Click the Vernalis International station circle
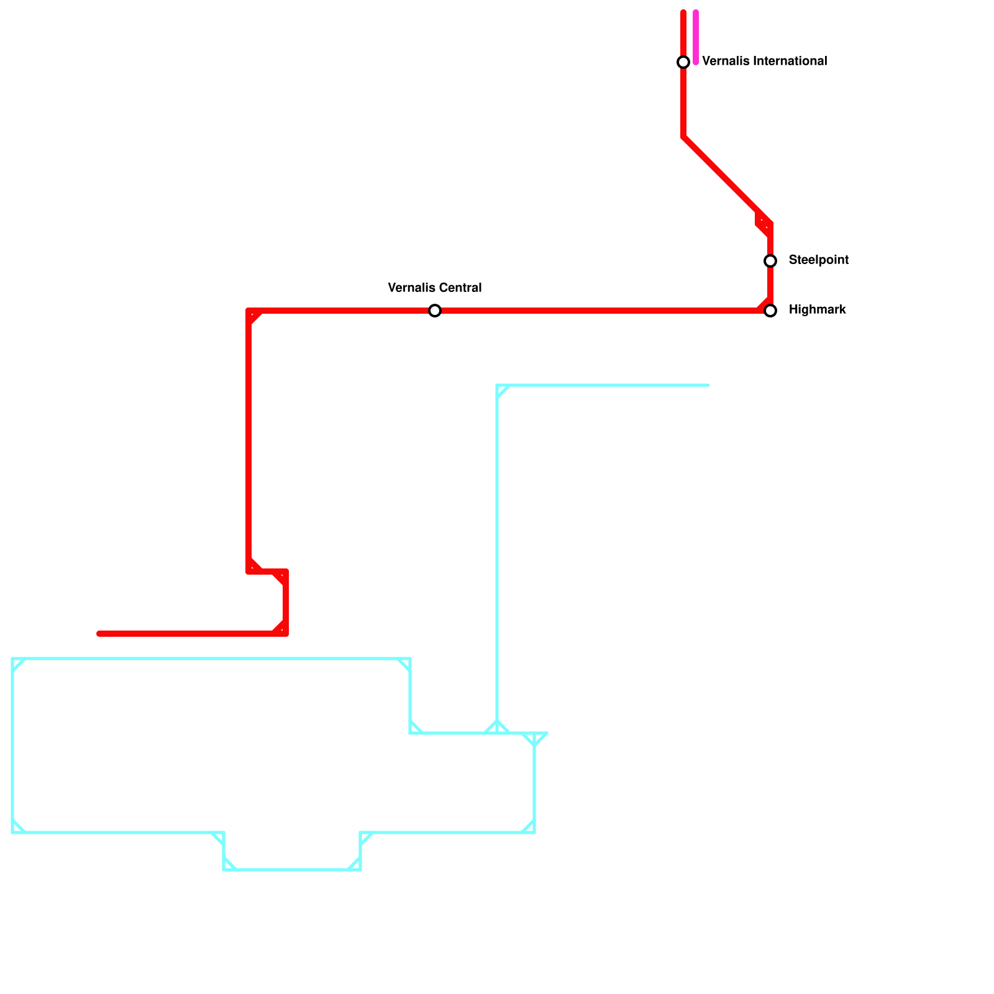683,62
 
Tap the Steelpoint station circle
770,261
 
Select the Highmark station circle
770,311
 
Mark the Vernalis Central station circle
435,311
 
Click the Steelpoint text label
818,260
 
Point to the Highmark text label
817,310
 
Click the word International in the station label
790,62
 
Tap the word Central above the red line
460,288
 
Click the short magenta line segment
696,37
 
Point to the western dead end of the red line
99,634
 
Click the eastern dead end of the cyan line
708,385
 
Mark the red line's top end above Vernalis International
683,12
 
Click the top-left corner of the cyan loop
12,659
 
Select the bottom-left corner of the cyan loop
12,832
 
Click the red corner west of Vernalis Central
248,311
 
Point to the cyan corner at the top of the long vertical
497,385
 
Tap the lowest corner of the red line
286,634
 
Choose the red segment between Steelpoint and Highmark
770,286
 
